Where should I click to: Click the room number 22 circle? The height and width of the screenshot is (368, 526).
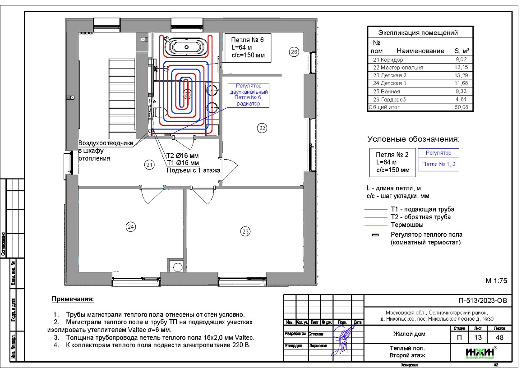pyautogui.click(x=262, y=128)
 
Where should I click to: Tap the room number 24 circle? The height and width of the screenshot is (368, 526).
pyautogui.click(x=131, y=227)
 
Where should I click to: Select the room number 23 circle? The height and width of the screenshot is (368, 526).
pyautogui.click(x=245, y=231)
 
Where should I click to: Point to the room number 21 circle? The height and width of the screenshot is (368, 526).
pyautogui.click(x=149, y=165)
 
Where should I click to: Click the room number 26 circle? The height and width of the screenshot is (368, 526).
pyautogui.click(x=294, y=52)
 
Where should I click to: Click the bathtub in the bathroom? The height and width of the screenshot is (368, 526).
pyautogui.click(x=185, y=46)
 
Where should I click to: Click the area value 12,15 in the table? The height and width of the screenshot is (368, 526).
pyautogui.click(x=462, y=68)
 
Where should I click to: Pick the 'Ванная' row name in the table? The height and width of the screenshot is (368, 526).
pyautogui.click(x=391, y=92)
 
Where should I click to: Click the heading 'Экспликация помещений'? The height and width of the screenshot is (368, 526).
pyautogui.click(x=418, y=32)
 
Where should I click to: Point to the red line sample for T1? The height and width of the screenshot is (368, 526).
pyautogui.click(x=377, y=210)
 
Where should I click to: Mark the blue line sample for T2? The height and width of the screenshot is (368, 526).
pyautogui.click(x=377, y=217)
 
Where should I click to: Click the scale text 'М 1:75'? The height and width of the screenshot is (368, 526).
pyautogui.click(x=496, y=281)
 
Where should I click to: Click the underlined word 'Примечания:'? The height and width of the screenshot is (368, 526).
pyautogui.click(x=73, y=299)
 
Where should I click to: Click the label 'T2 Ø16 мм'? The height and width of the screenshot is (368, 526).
pyautogui.click(x=183, y=156)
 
